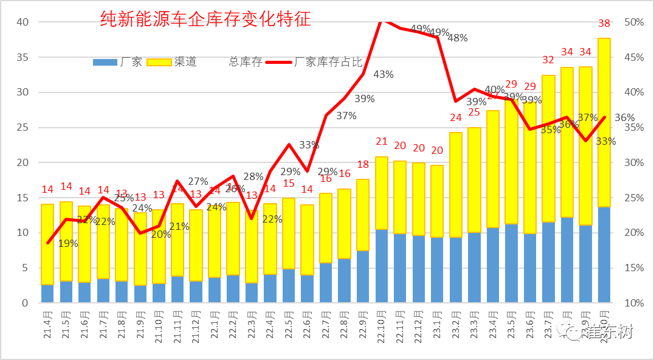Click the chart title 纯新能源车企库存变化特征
[205, 19]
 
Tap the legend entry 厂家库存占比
[328, 62]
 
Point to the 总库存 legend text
[245, 62]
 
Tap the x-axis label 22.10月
[382, 325]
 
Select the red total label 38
[604, 24]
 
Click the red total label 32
[548, 60]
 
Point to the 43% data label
[383, 74]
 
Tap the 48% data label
[457, 38]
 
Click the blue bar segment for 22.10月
[382, 266]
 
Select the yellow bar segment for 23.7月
[548, 149]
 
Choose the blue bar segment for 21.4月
[47, 294]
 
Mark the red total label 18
[363, 165]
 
